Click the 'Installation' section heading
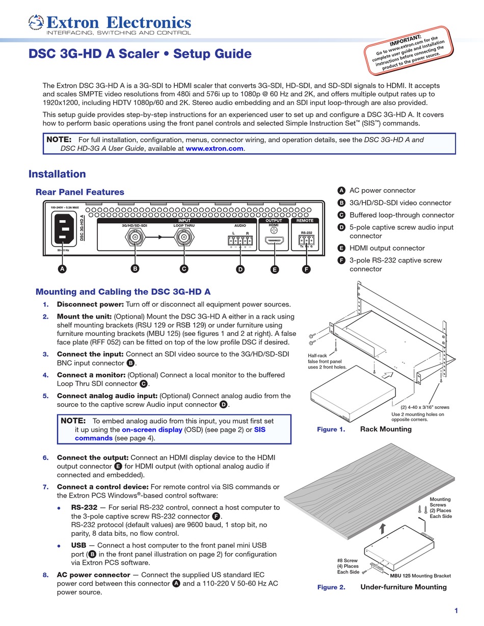57,174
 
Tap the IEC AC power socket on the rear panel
64,228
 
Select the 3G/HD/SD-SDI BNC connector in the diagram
135,237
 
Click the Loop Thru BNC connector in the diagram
184,237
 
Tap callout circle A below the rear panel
62,269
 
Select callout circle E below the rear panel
275,270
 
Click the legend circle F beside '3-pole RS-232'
341,260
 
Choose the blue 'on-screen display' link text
152,429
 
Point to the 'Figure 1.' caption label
331,429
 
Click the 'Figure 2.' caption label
331,587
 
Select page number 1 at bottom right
456,611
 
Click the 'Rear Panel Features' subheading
79,192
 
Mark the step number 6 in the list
46,457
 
